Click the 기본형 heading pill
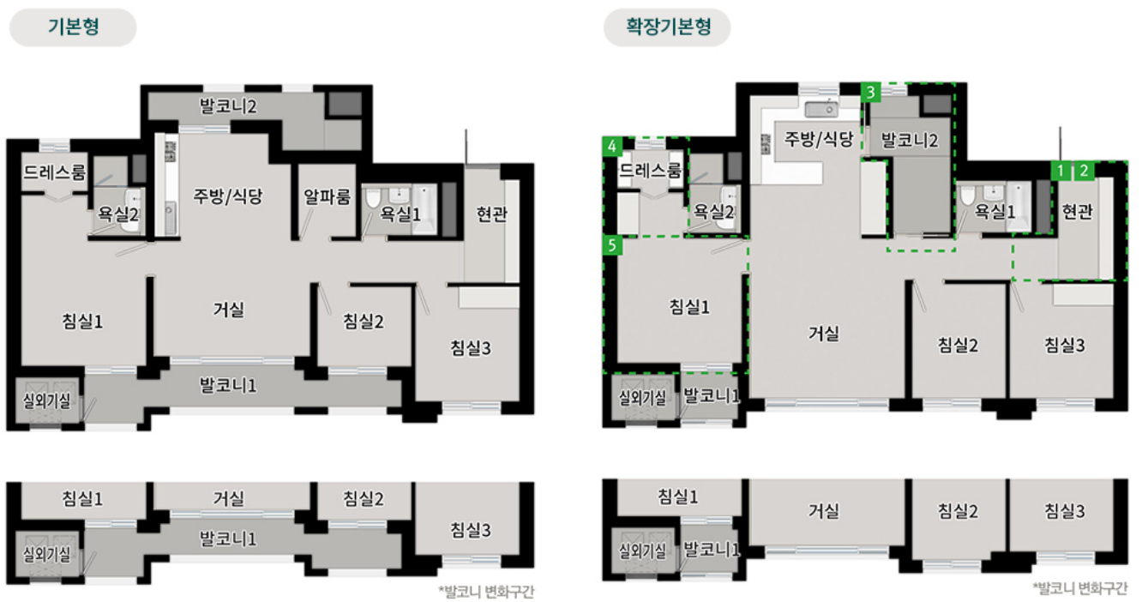point(73,27)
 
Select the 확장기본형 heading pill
point(667,27)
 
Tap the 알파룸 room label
point(327,197)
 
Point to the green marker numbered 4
point(612,147)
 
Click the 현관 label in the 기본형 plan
point(491,214)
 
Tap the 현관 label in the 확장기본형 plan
point(1078,212)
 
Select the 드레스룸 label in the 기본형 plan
point(55,172)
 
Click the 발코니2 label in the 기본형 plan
point(228,106)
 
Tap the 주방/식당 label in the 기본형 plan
point(226,196)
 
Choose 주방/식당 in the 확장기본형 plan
point(814,139)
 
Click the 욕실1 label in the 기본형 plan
point(400,214)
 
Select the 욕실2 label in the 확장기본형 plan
point(714,211)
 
